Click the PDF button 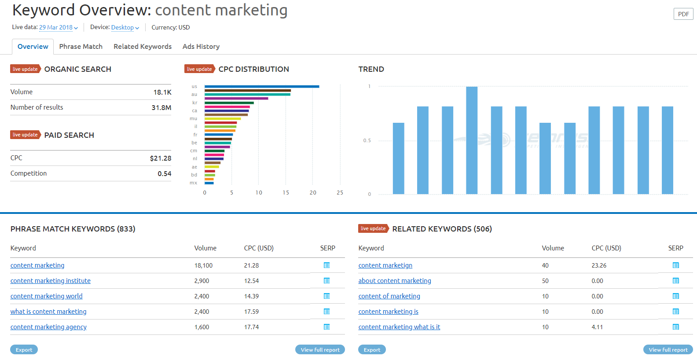point(683,14)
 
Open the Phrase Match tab point(81,47)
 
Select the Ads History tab point(201,47)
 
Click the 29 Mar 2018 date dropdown point(58,27)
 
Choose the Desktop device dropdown point(125,27)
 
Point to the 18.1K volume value point(162,92)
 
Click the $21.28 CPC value point(160,158)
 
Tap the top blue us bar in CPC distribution point(261,87)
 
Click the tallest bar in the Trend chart point(472,140)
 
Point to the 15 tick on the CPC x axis point(286,193)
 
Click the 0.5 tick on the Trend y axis point(367,141)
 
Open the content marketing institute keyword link point(51,281)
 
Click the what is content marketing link point(48,312)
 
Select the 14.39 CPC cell point(251,296)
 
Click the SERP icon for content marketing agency point(326,327)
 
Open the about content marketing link point(395,281)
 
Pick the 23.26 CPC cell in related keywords point(599,265)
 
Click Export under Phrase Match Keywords point(24,350)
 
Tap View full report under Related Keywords point(668,350)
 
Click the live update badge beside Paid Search point(25,135)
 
